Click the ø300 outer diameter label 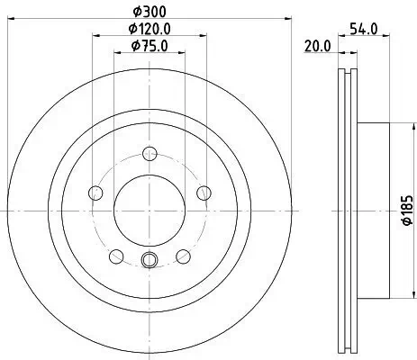coord(149,13)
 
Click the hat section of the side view coord(374,209)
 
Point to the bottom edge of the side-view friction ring coord(347,348)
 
